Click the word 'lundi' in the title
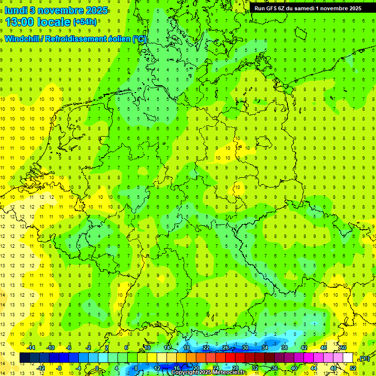click(17, 10)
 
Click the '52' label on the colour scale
click(353, 368)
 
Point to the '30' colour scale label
click(245, 348)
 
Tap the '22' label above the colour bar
click(206, 348)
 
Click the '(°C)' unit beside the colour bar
click(364, 358)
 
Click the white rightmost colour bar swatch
click(348, 358)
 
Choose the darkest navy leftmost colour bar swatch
click(24, 358)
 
